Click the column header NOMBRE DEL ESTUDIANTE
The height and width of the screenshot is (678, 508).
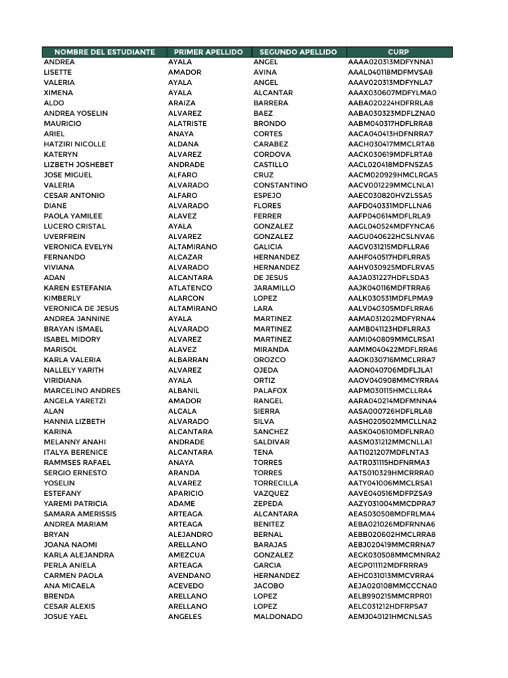point(105,52)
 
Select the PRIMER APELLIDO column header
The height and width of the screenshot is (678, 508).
point(208,52)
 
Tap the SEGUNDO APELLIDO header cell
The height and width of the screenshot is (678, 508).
point(298,52)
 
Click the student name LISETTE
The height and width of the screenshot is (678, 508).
point(57,72)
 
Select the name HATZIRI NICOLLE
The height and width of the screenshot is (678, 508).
point(75,144)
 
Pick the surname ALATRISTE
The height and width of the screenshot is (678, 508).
point(187,124)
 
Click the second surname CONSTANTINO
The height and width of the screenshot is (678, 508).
point(280,185)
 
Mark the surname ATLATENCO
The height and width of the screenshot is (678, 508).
point(190,288)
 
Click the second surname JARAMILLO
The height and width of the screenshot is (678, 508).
point(275,288)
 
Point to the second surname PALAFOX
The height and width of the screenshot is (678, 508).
point(271,391)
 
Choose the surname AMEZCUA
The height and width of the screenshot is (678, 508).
point(187,555)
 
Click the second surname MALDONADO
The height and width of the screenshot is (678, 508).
point(278,616)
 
